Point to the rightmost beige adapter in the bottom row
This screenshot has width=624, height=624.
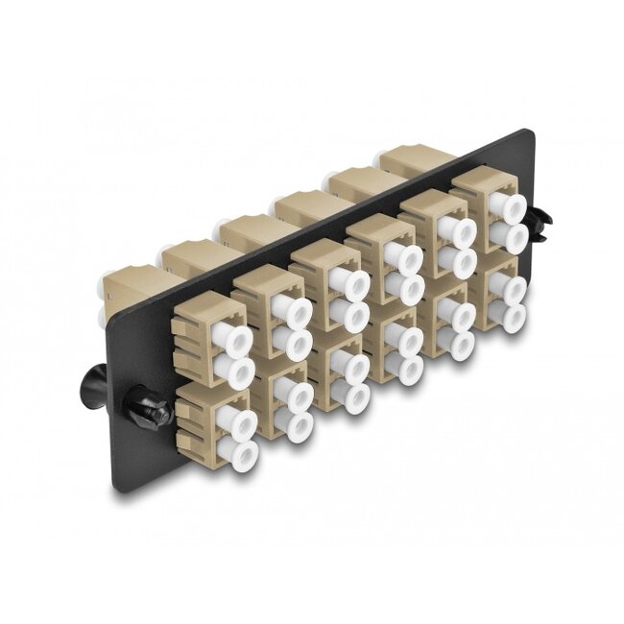(x=500, y=293)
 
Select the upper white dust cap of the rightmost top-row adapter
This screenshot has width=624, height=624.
(x=503, y=205)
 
